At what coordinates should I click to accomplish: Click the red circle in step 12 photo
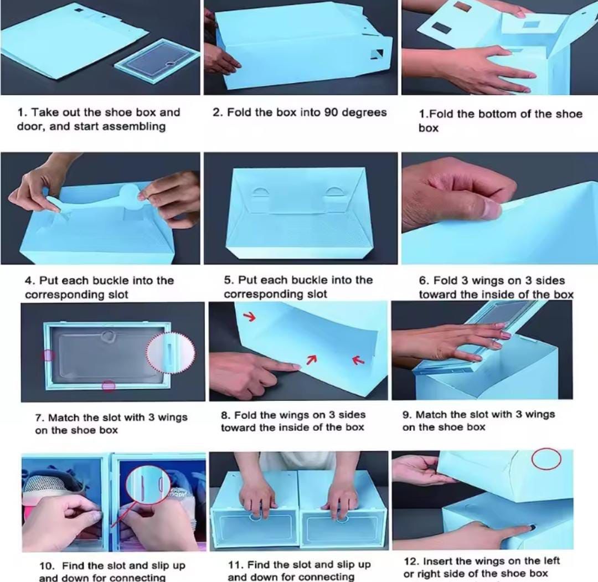point(547,458)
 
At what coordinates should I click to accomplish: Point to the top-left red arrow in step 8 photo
point(250,317)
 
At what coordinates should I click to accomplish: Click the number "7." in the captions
point(40,418)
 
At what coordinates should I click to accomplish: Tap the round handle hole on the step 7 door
point(109,336)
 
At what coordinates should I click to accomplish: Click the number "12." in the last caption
point(412,561)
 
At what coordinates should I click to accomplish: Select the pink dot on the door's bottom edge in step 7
point(109,386)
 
